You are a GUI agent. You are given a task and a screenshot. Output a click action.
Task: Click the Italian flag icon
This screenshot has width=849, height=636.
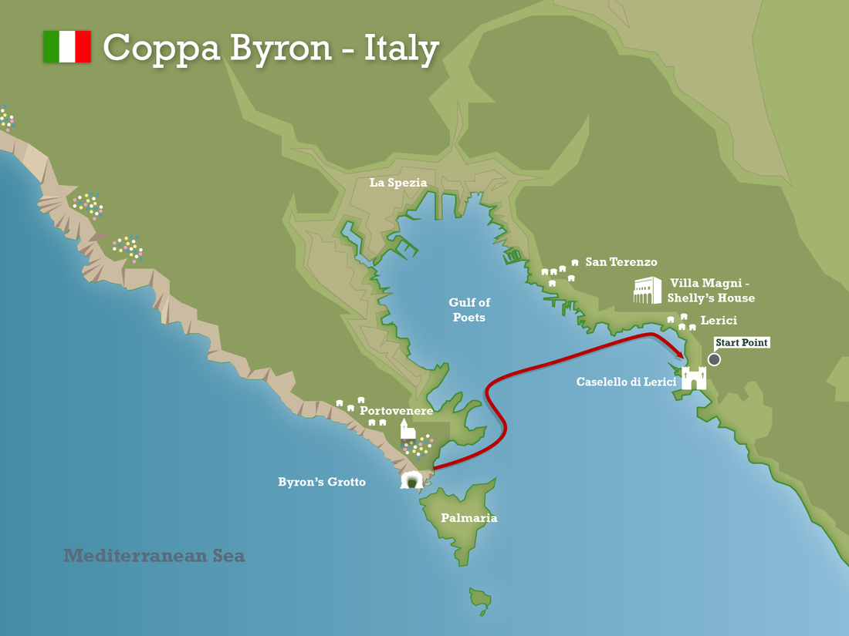(x=67, y=46)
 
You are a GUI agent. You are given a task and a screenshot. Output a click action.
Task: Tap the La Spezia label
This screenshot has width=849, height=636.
(x=397, y=183)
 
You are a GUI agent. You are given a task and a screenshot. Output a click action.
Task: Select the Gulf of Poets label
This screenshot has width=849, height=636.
(x=469, y=309)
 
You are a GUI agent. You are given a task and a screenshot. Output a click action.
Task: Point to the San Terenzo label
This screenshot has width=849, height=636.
(x=621, y=262)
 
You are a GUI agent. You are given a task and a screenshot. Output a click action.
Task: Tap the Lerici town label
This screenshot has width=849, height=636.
(x=719, y=320)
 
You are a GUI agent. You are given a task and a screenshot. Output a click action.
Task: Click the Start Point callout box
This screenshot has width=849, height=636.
(x=742, y=342)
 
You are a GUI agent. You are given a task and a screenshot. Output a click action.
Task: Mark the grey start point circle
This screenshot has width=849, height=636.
(x=714, y=359)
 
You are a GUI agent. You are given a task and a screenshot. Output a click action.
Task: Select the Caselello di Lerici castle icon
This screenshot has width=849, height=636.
(x=694, y=378)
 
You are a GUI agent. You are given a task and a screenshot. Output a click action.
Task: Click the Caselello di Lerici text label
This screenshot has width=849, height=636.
(x=626, y=382)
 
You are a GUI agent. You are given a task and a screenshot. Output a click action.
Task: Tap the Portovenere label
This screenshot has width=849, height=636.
(x=396, y=411)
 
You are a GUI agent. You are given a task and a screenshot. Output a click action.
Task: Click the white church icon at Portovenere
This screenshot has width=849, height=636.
(x=408, y=429)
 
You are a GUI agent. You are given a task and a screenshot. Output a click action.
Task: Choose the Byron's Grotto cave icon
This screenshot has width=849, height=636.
(x=411, y=480)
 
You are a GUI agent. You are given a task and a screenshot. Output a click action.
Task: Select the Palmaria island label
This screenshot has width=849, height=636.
(x=468, y=518)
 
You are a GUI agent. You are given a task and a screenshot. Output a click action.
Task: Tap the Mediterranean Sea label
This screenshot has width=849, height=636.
(x=154, y=555)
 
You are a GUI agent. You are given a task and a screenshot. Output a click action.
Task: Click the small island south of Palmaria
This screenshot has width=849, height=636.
(x=480, y=597)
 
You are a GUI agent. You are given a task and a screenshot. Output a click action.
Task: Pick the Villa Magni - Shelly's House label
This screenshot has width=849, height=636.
(x=711, y=291)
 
